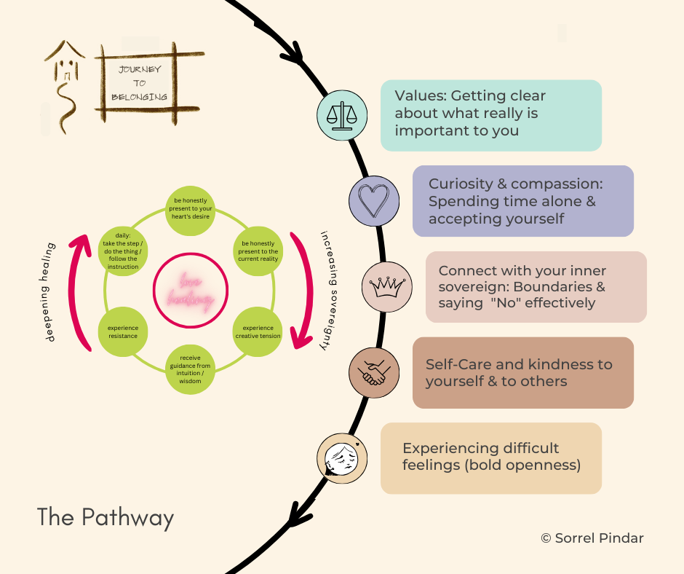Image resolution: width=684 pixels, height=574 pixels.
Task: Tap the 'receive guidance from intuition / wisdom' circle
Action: (188, 372)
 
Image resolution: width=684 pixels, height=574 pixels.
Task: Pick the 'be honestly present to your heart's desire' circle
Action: (188, 211)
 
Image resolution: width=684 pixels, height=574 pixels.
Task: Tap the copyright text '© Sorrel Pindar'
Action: (592, 538)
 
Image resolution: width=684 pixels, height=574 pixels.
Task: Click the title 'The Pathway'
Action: (106, 518)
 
